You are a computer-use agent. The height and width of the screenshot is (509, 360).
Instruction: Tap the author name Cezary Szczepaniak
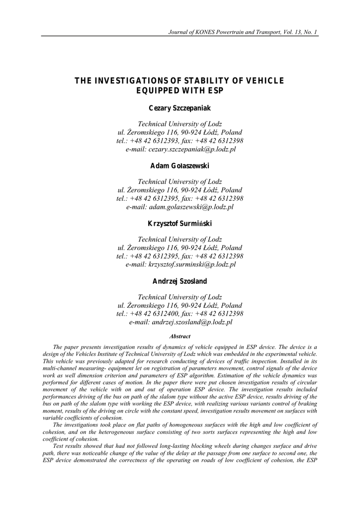click(x=180, y=108)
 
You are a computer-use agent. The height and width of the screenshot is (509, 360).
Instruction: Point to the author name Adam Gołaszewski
click(x=180, y=166)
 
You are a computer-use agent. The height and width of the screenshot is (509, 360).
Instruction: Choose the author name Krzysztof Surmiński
click(x=180, y=223)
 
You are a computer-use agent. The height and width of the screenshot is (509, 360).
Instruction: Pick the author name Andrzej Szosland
click(x=180, y=281)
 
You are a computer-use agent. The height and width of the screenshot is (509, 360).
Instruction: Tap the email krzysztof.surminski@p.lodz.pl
click(x=192, y=264)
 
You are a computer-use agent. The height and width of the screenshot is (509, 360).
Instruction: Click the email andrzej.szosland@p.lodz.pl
click(x=191, y=322)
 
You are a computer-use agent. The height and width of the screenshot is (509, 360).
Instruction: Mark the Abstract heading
click(x=180, y=337)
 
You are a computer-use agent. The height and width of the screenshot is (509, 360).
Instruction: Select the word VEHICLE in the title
click(x=266, y=82)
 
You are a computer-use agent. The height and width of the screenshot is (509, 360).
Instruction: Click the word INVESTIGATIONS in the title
click(x=128, y=82)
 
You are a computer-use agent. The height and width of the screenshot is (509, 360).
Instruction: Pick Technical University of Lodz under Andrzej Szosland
click(x=180, y=297)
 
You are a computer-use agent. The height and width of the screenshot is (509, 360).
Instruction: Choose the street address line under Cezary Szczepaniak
click(x=180, y=132)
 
